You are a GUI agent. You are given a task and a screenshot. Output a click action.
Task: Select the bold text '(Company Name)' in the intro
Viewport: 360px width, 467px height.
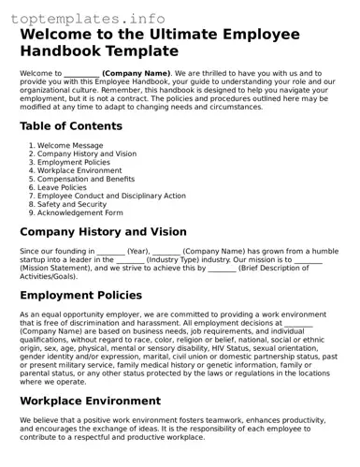[136, 73]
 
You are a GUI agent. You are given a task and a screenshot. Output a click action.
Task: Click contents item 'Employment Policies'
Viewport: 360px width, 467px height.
[73, 162]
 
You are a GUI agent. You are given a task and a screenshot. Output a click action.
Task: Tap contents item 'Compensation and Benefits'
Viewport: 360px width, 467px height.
[85, 179]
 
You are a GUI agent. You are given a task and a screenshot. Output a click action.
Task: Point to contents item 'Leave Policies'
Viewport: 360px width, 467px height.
[63, 187]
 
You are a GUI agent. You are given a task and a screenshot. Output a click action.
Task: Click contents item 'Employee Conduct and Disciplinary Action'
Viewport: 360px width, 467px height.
[111, 196]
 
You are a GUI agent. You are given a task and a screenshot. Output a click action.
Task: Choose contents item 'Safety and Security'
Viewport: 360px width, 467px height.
[72, 204]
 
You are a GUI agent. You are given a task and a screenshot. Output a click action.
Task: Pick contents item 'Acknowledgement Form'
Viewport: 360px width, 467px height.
[79, 212]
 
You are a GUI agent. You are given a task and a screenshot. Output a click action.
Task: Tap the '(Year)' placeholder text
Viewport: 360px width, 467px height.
[138, 251]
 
